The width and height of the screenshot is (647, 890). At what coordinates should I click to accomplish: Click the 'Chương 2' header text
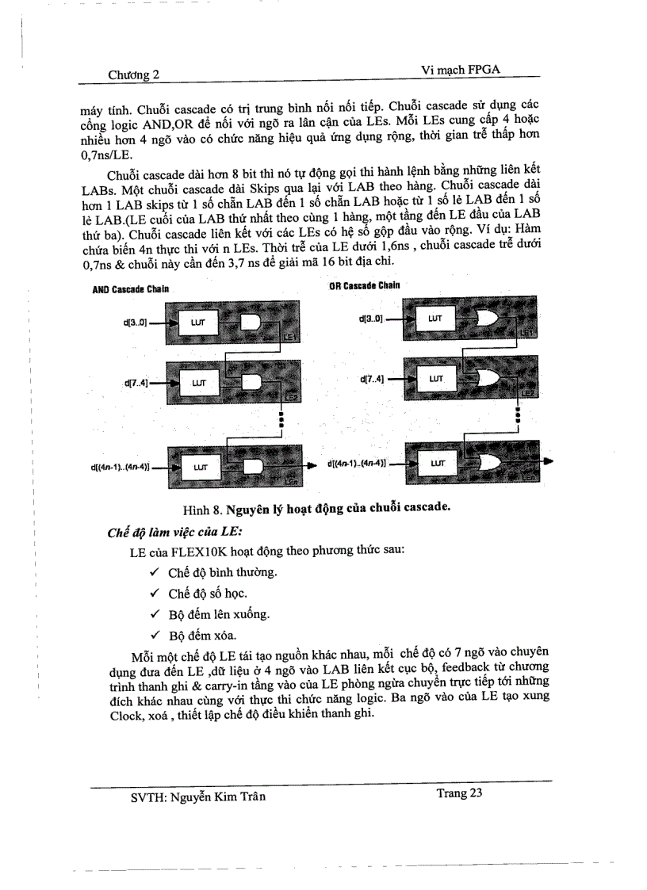tap(134, 74)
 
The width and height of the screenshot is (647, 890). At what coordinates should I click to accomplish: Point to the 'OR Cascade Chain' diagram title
tap(364, 285)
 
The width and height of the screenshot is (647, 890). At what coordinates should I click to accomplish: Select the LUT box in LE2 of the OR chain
tap(435, 380)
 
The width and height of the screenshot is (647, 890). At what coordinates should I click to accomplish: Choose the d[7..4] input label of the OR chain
tap(371, 380)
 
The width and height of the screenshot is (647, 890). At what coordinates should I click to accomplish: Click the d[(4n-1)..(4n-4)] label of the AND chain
tap(120, 468)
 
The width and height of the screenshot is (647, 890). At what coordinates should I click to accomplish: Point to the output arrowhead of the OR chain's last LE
tap(548, 461)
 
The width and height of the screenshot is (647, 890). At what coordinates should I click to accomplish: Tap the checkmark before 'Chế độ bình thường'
tap(155, 573)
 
